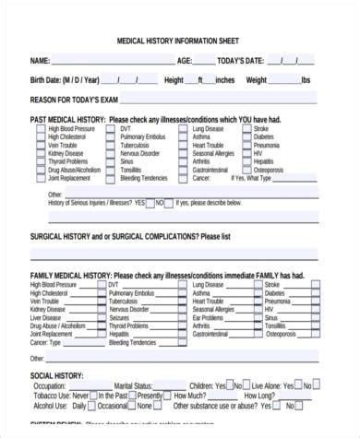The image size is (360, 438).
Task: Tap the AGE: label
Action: click(x=185, y=60)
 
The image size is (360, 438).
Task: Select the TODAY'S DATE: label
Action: click(x=243, y=60)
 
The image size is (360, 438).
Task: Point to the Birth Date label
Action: click(x=63, y=79)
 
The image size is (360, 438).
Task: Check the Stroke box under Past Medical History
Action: click(x=247, y=129)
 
